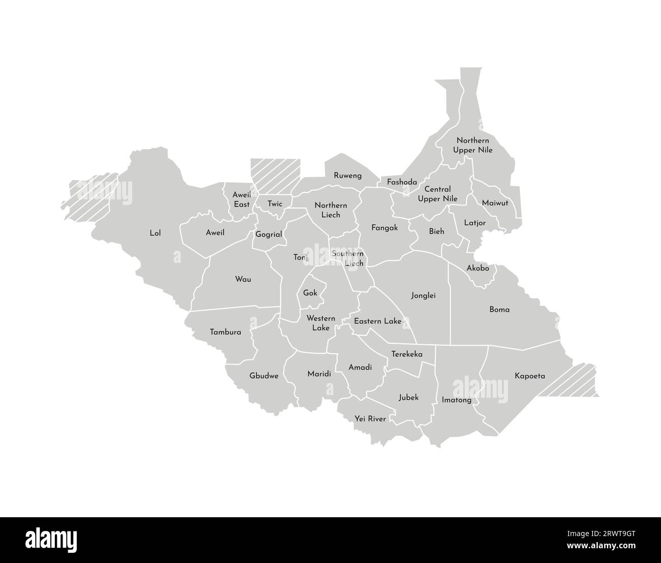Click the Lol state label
155,233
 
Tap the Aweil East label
242,199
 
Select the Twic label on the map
275,204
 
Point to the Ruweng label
348,175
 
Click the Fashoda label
402,182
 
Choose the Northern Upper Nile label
472,145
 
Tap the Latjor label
475,223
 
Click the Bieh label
436,231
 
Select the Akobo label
477,268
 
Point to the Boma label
499,309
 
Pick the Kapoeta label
529,376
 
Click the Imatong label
456,400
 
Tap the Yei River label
370,419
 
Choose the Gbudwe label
263,376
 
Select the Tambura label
225,332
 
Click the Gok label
310,293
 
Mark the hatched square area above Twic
275,174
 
